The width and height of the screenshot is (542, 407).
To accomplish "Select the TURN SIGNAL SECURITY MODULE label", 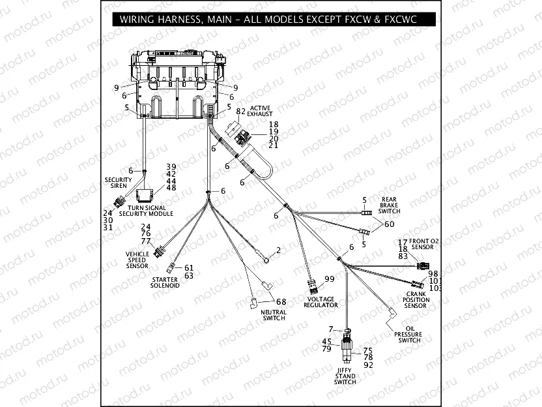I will pyautogui.click(x=146, y=211).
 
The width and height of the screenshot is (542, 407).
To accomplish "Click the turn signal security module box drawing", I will pyautogui.click(x=146, y=193).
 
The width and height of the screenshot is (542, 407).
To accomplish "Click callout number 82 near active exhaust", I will pyautogui.click(x=240, y=112).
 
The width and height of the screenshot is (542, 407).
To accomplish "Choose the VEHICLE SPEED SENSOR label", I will pyautogui.click(x=137, y=260).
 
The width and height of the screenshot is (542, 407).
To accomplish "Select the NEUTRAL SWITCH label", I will pyautogui.click(x=274, y=315).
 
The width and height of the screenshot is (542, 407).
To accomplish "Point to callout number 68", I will pyautogui.click(x=281, y=301).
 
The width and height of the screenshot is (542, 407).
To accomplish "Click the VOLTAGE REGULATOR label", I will pyautogui.click(x=322, y=301).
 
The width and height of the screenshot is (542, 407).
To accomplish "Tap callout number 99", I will pyautogui.click(x=329, y=279).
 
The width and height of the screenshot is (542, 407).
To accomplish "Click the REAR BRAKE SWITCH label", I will pyautogui.click(x=390, y=205).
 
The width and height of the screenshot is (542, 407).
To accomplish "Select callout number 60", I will pyautogui.click(x=389, y=224).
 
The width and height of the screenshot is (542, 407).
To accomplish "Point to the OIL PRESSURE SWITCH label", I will pyautogui.click(x=409, y=335).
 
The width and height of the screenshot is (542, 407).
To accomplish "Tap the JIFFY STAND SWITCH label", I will pyautogui.click(x=345, y=376).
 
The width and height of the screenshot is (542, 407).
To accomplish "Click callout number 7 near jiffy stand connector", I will pyautogui.click(x=331, y=329).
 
